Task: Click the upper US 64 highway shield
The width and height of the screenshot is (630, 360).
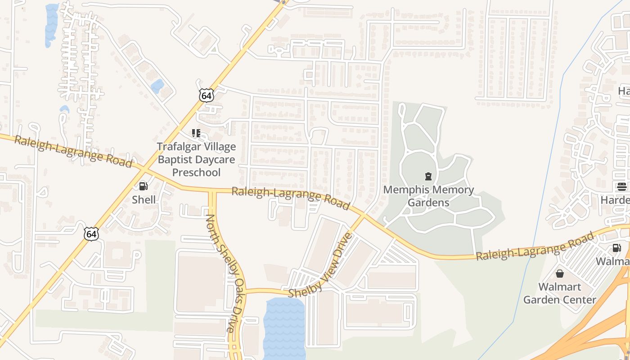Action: (206, 95)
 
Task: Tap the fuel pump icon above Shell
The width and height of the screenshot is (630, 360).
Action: (143, 186)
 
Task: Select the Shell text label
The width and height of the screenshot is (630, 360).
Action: (144, 200)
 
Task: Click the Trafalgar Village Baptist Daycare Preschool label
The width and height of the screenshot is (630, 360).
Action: (196, 159)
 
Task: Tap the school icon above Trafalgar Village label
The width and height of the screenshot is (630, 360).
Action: (196, 133)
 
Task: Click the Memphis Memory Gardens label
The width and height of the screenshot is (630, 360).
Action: (428, 196)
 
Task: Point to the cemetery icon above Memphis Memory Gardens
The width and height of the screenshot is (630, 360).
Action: (428, 176)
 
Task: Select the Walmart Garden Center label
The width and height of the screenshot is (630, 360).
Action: (559, 293)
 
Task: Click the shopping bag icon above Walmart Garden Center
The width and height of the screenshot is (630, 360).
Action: (559, 274)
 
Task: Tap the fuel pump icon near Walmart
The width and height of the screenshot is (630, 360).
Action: (616, 247)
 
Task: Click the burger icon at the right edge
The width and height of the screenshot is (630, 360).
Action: (621, 187)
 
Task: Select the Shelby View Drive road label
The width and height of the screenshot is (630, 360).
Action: (319, 266)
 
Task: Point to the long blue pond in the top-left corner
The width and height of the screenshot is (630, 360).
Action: (51, 25)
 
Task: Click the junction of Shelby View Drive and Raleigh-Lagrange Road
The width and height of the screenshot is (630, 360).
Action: (363, 216)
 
